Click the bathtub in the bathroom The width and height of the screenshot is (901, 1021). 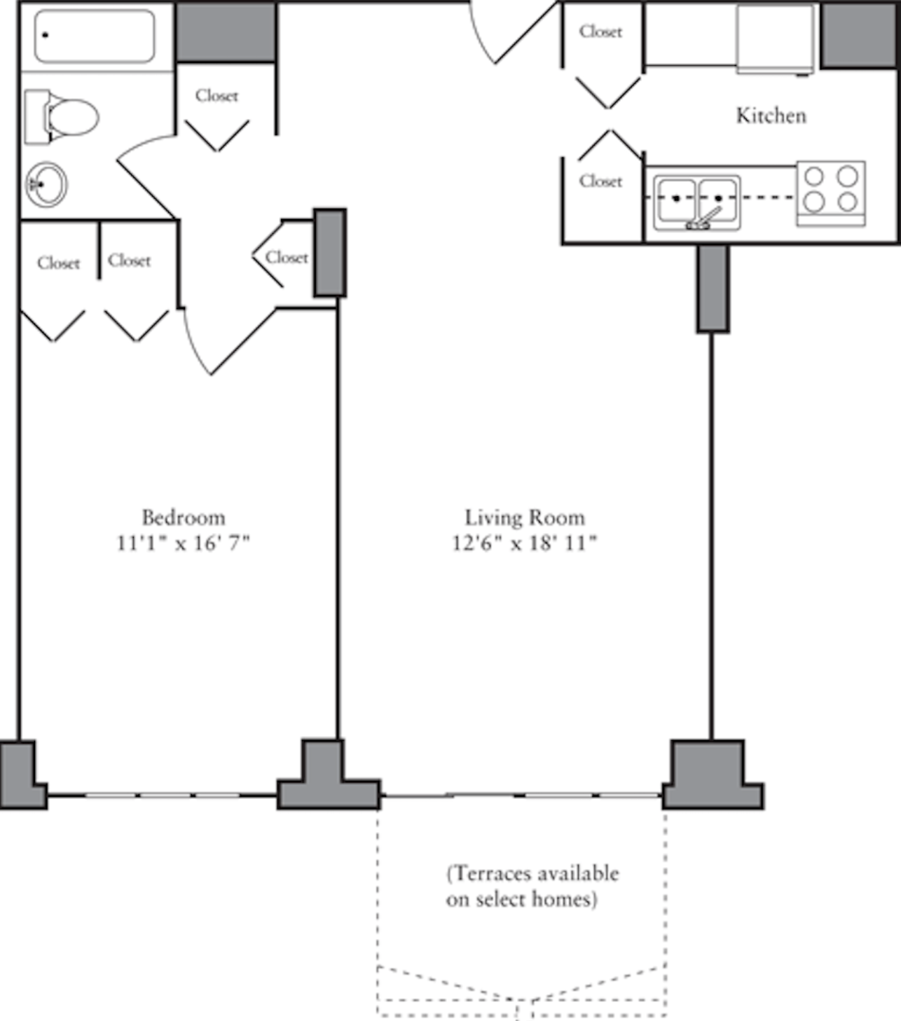[x=95, y=36]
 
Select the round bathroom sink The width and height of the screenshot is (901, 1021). [x=46, y=184]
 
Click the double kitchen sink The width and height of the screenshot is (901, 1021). [x=697, y=202]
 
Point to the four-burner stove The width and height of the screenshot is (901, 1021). [x=831, y=193]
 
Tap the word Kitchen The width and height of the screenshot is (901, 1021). [x=771, y=116]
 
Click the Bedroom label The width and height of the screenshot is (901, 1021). [x=184, y=518]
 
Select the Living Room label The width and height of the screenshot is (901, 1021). [x=524, y=518]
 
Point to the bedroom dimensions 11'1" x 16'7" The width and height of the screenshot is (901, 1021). [x=183, y=543]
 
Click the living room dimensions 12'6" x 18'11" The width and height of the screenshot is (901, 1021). [x=524, y=543]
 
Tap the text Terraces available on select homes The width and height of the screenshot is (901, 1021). [x=532, y=887]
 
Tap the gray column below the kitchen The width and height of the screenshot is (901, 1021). [x=713, y=289]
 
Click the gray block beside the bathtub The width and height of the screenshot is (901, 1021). [x=226, y=32]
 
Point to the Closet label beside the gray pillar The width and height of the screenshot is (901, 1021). [x=287, y=258]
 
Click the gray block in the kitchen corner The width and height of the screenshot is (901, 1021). [x=859, y=35]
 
